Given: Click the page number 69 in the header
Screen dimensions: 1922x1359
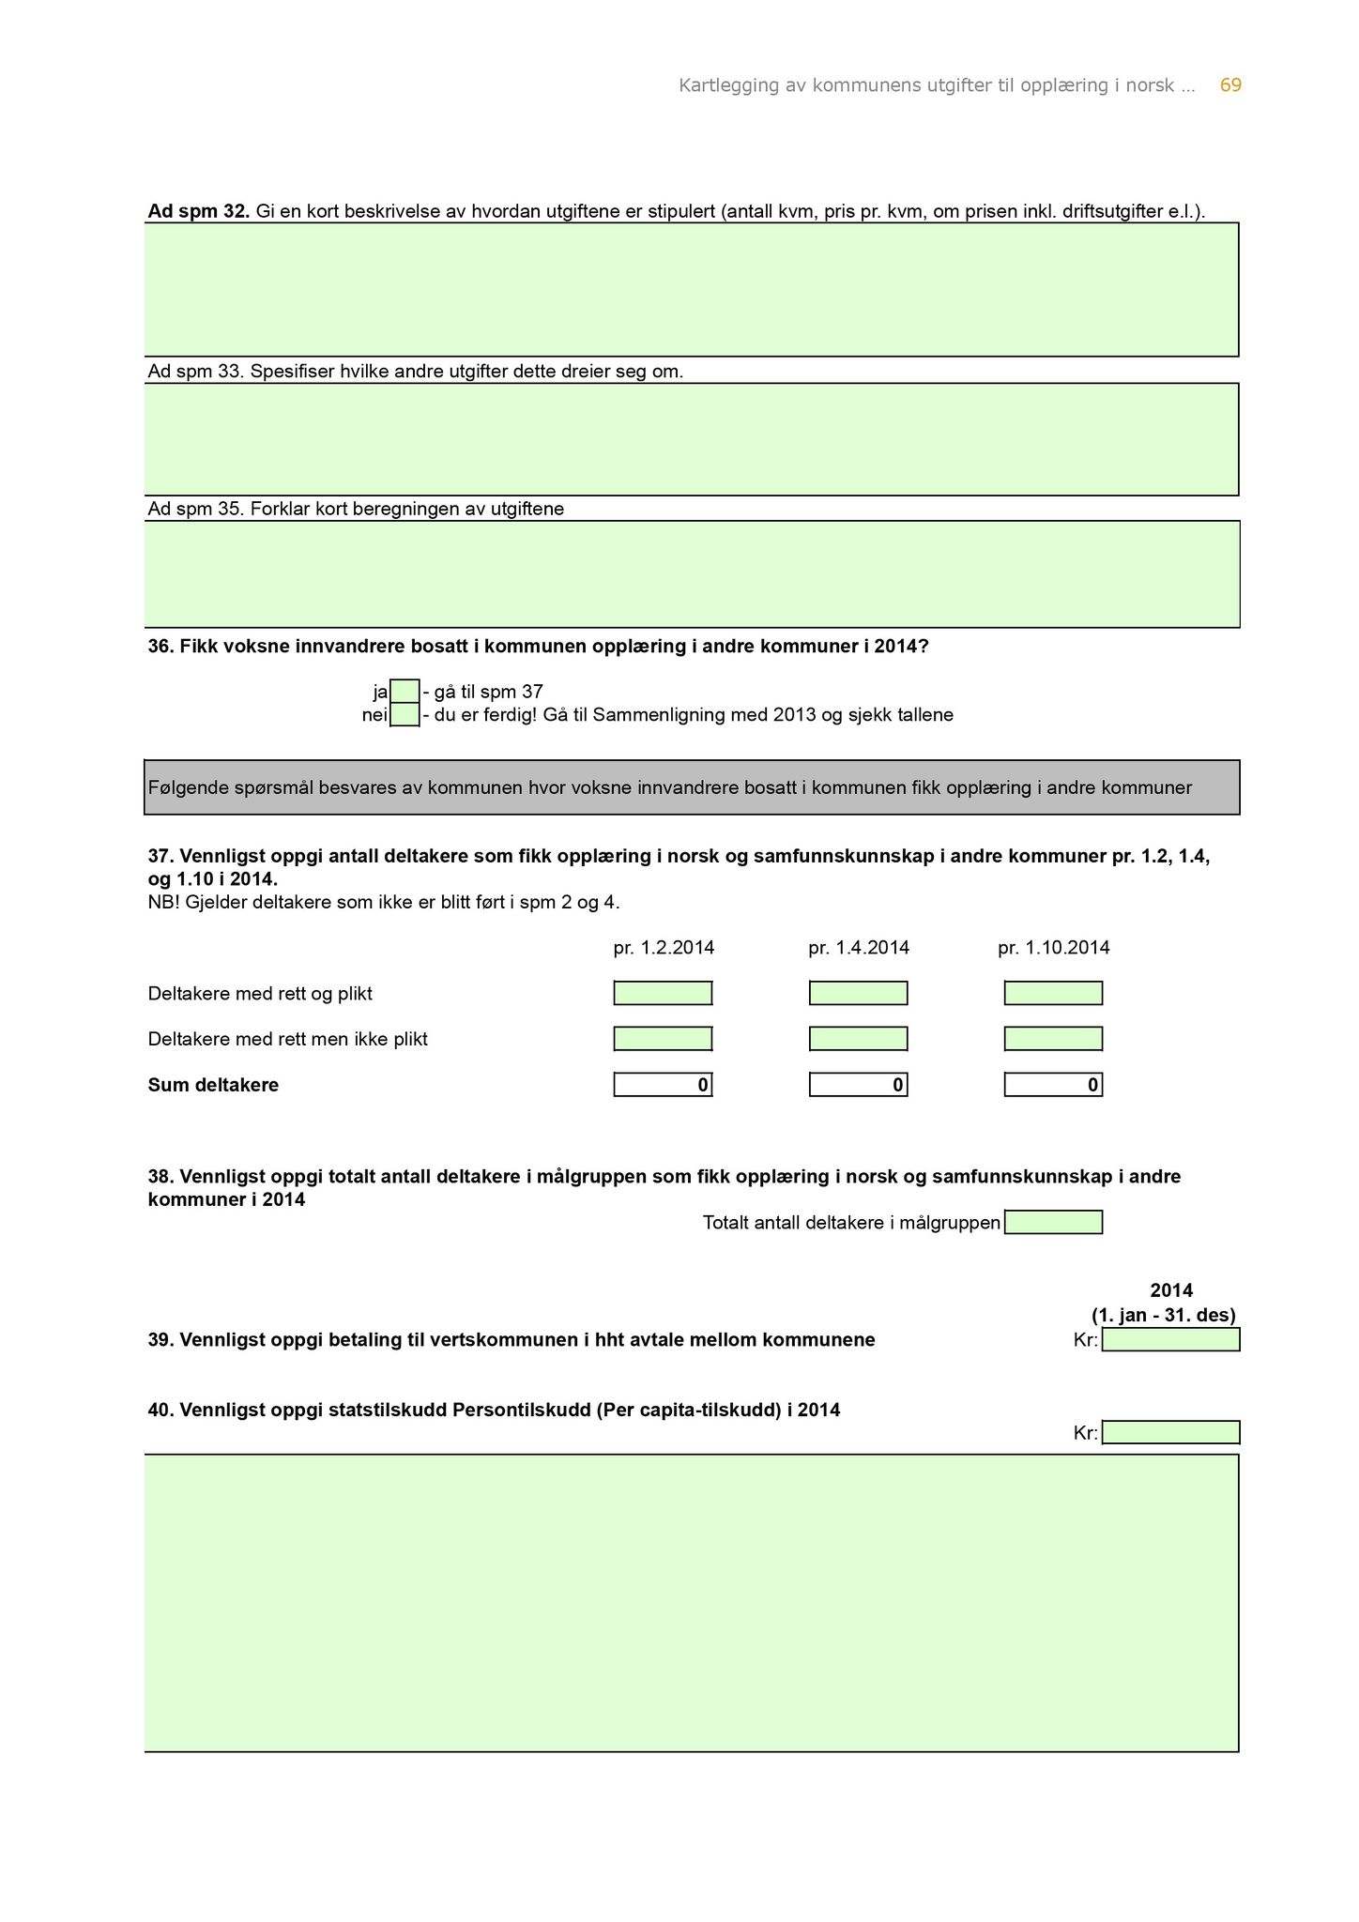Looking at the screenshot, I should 1229,85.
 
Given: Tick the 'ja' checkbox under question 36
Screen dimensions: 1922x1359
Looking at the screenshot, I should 405,692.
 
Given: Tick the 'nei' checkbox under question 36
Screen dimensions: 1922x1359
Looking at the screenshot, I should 405,715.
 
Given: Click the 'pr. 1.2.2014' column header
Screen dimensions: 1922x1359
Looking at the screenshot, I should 664,948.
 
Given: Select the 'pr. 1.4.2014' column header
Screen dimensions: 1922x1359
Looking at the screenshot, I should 858,948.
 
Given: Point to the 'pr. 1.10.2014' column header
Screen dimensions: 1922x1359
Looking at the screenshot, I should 1053,948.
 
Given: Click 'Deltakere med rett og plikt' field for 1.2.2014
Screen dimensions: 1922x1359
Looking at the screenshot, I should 663,993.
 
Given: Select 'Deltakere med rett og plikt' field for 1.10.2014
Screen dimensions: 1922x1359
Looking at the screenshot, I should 1053,993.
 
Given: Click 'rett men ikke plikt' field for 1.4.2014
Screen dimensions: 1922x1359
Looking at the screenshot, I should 858,1039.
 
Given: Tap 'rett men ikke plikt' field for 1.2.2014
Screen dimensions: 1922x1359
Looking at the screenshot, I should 663,1039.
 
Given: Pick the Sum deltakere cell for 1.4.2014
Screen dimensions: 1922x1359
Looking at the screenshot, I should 858,1085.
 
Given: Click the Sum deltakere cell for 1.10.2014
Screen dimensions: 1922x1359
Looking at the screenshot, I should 1053,1085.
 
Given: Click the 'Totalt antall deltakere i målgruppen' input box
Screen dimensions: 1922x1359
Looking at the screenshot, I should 1053,1222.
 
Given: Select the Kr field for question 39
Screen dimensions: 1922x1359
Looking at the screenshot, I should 1170,1339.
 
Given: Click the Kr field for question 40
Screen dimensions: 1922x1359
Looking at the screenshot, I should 1170,1432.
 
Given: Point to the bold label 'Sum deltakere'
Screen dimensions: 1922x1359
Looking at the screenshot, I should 213,1086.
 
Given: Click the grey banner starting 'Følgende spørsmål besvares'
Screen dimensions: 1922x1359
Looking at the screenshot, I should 692,787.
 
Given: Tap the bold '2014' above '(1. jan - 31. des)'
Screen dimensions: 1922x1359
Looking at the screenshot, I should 1171,1290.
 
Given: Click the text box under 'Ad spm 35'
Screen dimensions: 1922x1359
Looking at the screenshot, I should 692,573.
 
